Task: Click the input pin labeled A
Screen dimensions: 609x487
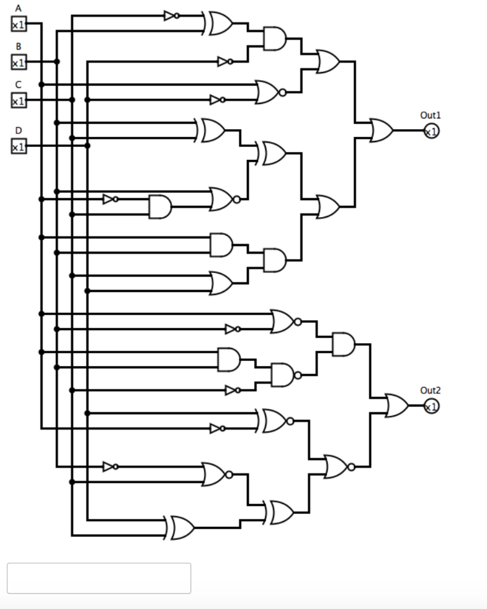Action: point(18,24)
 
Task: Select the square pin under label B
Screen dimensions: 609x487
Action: point(18,62)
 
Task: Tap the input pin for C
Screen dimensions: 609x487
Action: point(18,101)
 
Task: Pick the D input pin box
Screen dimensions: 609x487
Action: point(18,146)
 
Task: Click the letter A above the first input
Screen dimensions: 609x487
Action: point(18,8)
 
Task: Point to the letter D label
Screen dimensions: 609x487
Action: point(18,130)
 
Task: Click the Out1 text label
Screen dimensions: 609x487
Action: point(431,115)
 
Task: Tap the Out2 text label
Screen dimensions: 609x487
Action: point(431,390)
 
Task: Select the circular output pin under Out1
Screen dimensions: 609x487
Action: point(431,131)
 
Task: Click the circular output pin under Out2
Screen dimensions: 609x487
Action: point(431,407)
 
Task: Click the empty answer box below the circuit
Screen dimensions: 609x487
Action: point(99,578)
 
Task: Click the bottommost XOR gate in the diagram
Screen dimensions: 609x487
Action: point(181,528)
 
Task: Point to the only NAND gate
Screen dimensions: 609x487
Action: point(283,375)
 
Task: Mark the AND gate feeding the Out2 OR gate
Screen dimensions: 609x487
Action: point(344,344)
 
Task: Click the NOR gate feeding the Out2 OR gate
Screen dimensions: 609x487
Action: point(337,467)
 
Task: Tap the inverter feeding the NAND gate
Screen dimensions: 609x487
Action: point(232,390)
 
